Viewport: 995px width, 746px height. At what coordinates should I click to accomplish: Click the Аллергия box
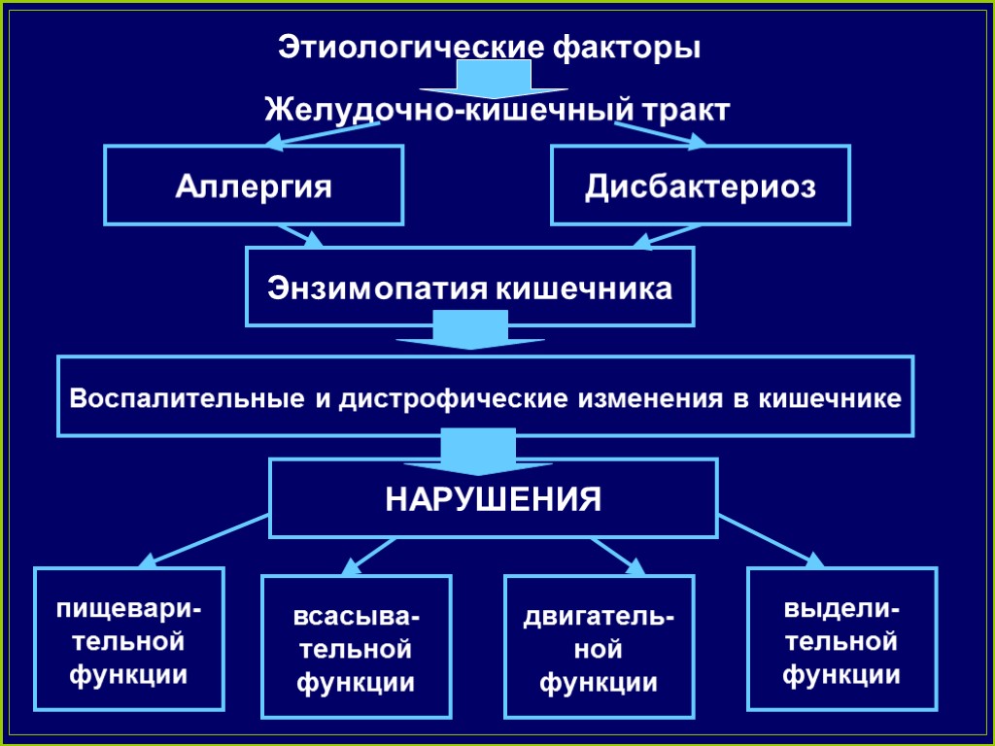click(254, 186)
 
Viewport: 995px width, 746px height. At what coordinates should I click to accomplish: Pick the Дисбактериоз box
click(700, 186)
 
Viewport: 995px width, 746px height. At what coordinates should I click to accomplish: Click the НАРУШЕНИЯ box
click(494, 499)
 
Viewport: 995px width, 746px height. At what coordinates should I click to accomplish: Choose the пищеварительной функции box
click(129, 639)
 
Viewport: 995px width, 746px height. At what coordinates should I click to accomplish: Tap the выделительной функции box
click(841, 639)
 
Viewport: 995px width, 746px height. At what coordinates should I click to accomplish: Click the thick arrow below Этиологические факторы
click(493, 79)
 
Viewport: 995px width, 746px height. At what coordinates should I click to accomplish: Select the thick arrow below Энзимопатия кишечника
click(469, 331)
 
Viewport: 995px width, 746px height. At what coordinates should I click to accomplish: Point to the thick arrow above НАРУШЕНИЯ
click(477, 448)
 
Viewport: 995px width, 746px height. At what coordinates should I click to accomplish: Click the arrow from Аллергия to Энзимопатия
click(299, 236)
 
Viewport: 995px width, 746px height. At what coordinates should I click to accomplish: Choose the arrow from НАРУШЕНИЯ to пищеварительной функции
click(204, 542)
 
